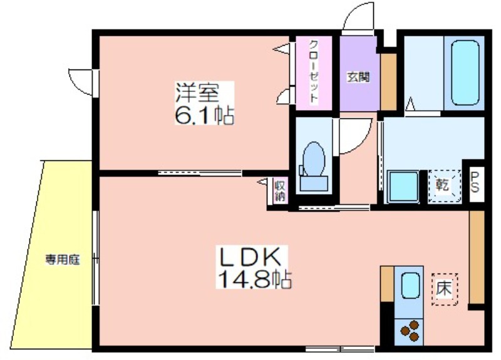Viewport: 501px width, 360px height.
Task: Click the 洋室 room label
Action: click(197, 92)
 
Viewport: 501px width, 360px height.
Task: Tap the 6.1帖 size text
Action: click(204, 115)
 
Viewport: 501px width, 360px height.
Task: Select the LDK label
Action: click(249, 257)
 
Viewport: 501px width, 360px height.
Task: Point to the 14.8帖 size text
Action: click(254, 279)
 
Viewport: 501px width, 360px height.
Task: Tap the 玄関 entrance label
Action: click(358, 77)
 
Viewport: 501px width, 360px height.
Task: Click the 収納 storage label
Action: click(280, 192)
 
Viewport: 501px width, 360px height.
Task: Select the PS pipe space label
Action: click(475, 183)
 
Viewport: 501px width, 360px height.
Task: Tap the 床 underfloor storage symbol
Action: click(445, 289)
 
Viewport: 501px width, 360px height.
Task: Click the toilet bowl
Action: click(314, 166)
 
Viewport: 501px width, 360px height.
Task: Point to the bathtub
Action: click(465, 73)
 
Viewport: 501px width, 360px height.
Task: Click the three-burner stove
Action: click(410, 331)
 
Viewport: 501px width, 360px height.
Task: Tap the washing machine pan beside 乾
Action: click(403, 187)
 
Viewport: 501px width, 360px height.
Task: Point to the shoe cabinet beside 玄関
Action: click(388, 82)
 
